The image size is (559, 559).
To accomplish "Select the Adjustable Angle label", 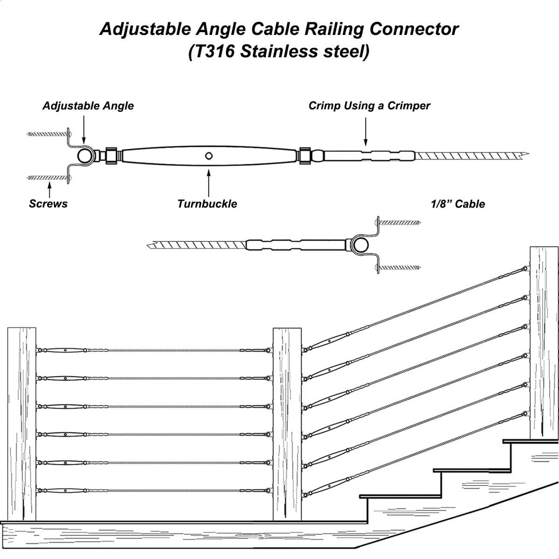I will click(x=88, y=106).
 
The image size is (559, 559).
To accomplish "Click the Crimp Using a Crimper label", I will click(x=369, y=106).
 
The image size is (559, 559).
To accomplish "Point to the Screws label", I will click(x=48, y=204).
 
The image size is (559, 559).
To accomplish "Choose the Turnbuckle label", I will click(x=207, y=204).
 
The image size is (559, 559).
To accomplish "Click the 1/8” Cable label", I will click(x=457, y=204).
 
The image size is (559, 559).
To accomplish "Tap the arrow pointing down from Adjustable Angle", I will click(x=84, y=131).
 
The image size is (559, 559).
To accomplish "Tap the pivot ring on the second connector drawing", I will click(x=360, y=245).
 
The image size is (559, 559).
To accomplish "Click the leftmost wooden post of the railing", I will click(x=21, y=423).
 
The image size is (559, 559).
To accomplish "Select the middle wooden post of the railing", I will click(x=287, y=423).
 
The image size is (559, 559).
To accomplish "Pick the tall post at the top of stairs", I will click(x=544, y=341).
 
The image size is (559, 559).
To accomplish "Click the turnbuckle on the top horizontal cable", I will click(x=64, y=350).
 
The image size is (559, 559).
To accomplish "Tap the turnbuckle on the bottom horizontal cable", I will click(x=64, y=491).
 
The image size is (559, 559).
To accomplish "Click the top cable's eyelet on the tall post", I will click(x=525, y=269).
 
